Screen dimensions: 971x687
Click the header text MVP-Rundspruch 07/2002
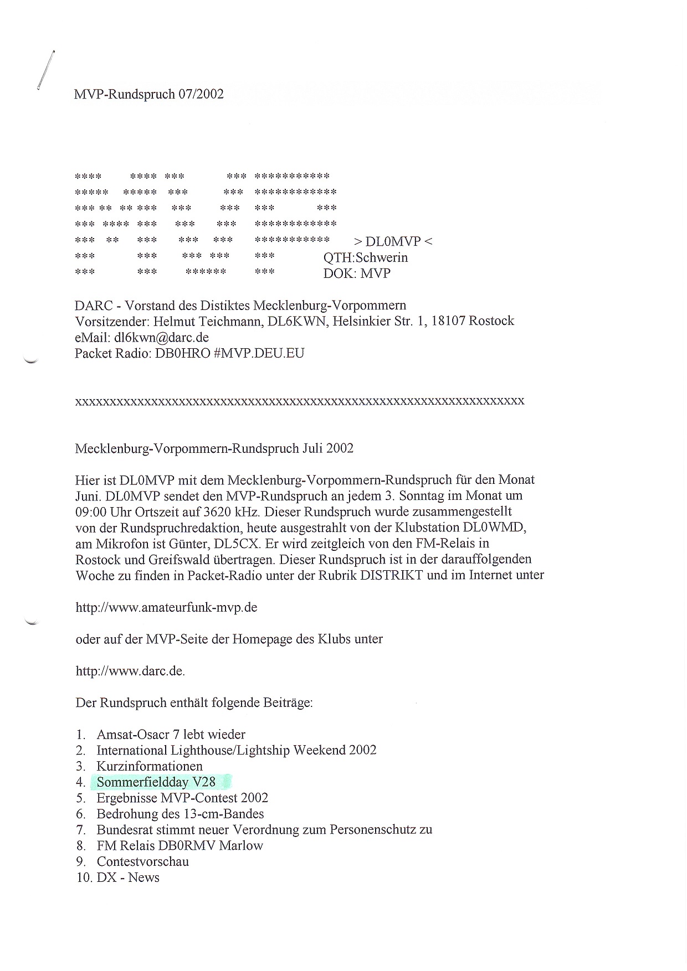[149, 95]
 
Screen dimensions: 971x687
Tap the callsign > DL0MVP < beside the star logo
[393, 241]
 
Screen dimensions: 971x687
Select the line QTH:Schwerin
[366, 257]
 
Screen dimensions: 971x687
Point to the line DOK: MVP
[357, 273]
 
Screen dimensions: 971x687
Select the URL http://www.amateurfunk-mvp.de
[166, 607]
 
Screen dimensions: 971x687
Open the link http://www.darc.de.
[130, 671]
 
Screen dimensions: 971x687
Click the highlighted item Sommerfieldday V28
[156, 782]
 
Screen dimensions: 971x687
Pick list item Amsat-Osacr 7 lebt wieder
[171, 735]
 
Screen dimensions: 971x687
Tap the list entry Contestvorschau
[142, 861]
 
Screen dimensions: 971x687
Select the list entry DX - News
[127, 877]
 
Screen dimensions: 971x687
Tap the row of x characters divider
[299, 401]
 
